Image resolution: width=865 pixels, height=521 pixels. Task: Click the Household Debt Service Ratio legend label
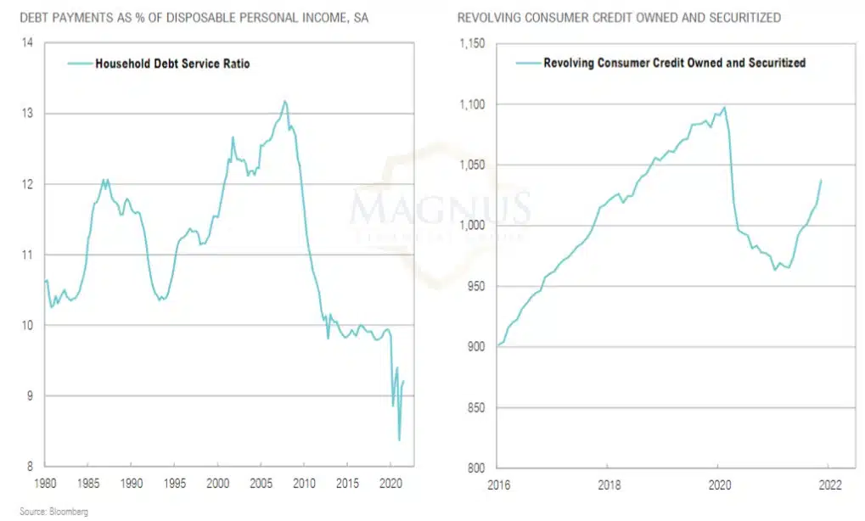click(x=172, y=63)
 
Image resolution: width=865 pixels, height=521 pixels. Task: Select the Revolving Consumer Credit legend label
click(x=674, y=63)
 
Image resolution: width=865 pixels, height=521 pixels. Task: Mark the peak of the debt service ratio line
click(x=284, y=101)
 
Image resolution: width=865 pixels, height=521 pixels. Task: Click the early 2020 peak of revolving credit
click(x=724, y=107)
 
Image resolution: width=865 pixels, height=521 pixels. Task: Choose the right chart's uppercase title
click(x=619, y=17)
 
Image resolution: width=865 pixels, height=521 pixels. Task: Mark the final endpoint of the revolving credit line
click(x=821, y=180)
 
